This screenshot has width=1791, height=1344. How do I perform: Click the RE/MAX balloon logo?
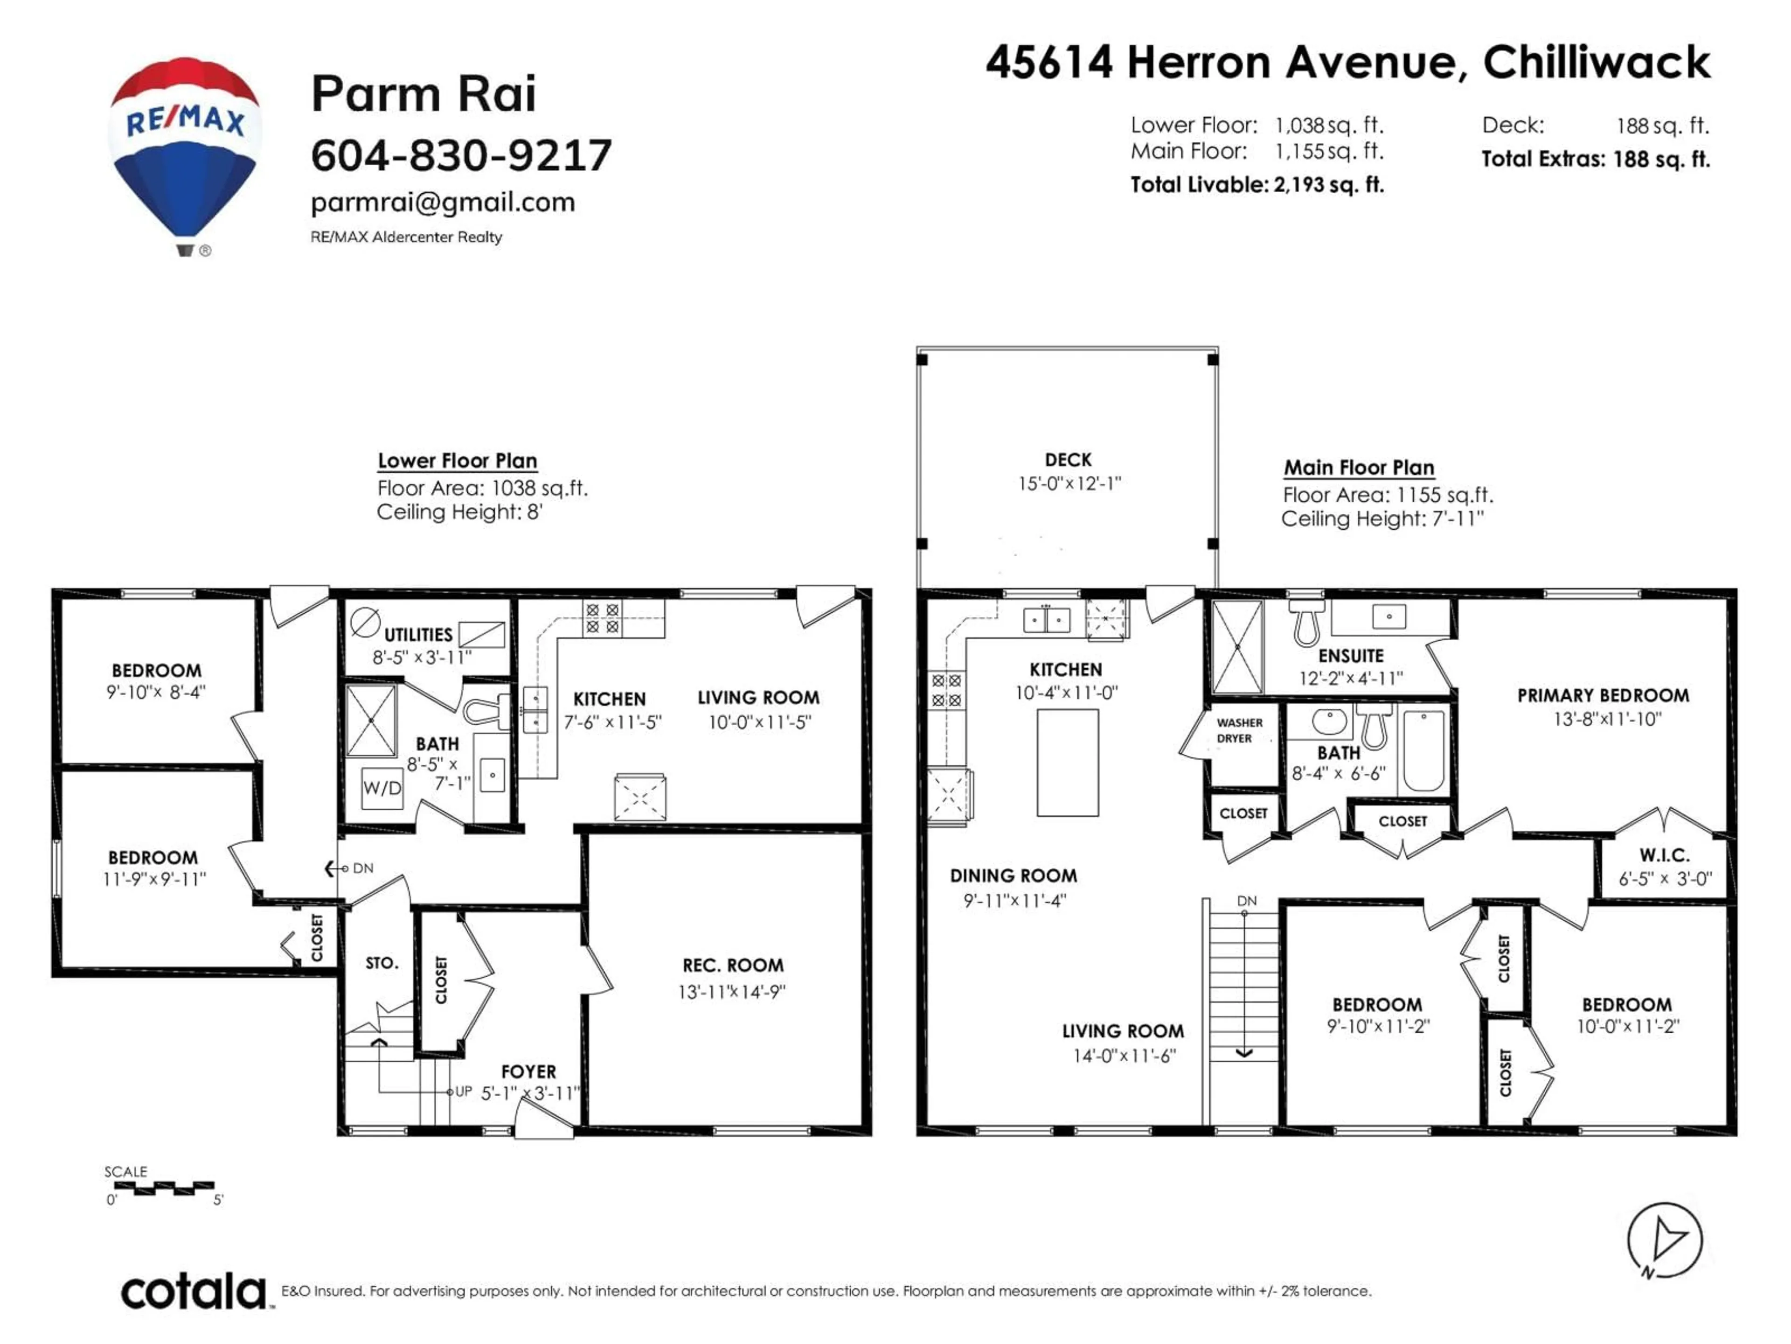185,150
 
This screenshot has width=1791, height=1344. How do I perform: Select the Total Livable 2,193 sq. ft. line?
1256,185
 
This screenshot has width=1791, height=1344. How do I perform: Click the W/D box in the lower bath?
382,787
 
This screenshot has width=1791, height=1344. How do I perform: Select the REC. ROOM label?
733,965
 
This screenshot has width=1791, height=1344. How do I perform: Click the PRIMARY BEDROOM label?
1603,695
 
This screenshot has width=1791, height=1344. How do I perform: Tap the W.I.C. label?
1665,854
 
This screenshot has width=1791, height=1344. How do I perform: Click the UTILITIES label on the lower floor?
418,634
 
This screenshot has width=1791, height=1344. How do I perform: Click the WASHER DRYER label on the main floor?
1239,730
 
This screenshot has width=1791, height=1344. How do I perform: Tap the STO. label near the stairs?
382,963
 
